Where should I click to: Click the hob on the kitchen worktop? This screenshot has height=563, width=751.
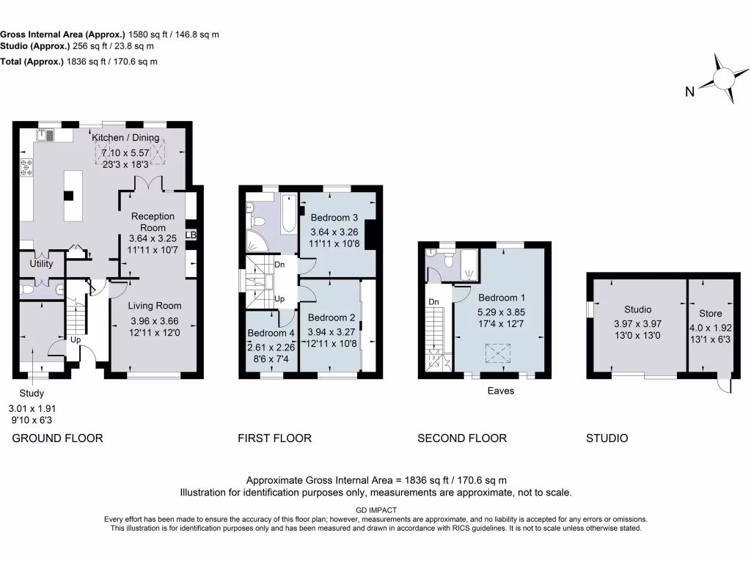[27, 167]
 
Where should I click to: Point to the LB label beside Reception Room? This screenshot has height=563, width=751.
[191, 235]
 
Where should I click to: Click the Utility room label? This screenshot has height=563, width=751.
[41, 263]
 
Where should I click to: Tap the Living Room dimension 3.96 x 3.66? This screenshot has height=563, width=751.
[154, 321]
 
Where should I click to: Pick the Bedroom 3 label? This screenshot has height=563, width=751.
[334, 218]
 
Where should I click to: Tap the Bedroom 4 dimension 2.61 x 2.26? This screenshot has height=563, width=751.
[271, 347]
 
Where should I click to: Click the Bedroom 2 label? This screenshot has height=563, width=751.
[331, 317]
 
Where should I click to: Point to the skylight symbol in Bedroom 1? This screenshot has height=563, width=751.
[501, 355]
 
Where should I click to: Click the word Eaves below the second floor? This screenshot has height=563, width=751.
[501, 391]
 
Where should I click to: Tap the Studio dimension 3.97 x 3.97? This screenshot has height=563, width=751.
[637, 324]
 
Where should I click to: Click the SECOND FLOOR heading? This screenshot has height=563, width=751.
[462, 438]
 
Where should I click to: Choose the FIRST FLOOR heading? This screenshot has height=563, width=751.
[274, 438]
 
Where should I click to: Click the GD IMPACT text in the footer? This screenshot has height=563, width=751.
[375, 510]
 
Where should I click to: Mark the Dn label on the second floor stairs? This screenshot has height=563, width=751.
[433, 301]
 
